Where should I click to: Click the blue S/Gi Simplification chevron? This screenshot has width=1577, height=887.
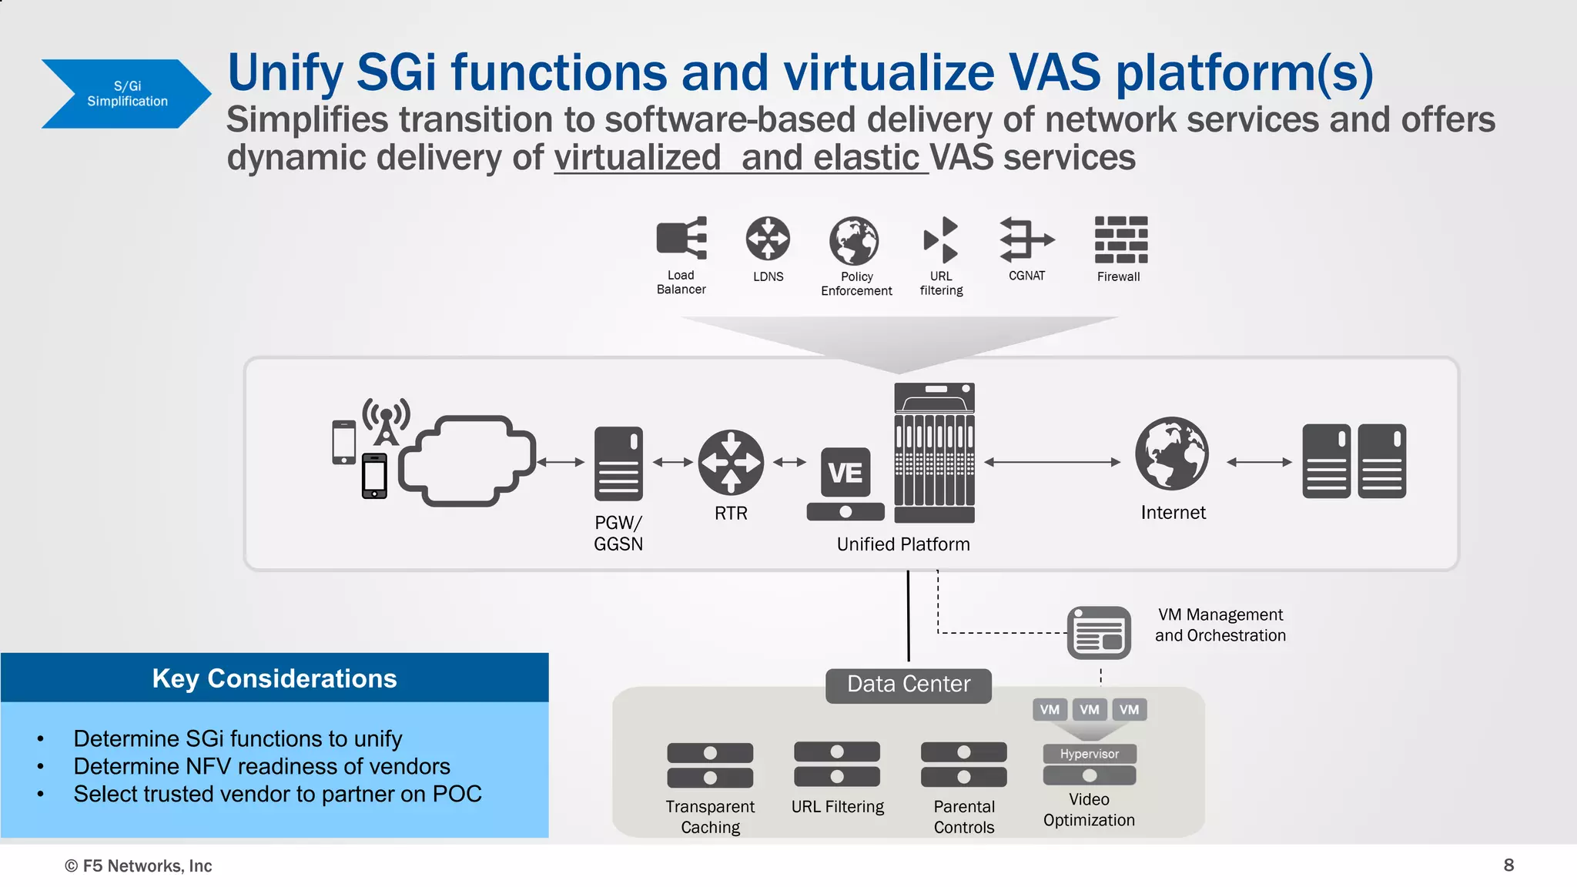coord(123,94)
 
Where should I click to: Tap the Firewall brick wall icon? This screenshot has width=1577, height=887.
coord(1120,239)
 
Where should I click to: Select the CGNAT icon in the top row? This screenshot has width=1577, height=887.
coord(1026,239)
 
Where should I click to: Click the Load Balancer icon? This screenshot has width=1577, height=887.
coord(681,238)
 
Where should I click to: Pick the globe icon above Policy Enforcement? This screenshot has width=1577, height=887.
coord(854,240)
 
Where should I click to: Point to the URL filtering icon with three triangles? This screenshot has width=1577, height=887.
coord(941,239)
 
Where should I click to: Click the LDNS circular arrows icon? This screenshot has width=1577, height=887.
coord(768,238)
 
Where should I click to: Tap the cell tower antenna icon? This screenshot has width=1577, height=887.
coord(387,421)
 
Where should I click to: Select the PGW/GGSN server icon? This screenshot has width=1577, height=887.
coord(618,464)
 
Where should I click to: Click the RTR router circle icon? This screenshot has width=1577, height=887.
coord(731,462)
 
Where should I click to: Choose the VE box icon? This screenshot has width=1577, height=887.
coord(845,472)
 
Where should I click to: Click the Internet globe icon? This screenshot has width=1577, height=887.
coord(1172,454)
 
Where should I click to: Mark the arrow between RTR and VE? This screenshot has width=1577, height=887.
coord(789,462)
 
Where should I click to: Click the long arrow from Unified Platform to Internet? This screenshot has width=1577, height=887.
coord(1053,462)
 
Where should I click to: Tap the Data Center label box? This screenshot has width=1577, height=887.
coord(909,684)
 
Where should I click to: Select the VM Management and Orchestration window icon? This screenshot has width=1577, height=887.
coord(1099,633)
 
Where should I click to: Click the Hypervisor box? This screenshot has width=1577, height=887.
coord(1090,754)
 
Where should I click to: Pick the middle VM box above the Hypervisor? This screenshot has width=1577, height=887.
coord(1090,709)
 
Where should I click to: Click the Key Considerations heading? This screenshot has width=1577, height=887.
coord(274,678)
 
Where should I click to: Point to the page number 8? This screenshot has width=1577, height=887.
coord(1508,865)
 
